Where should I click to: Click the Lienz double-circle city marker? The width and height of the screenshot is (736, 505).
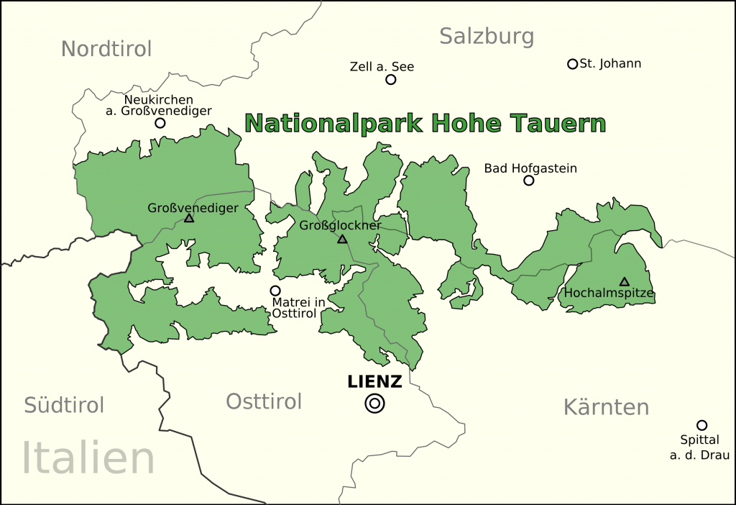[x=374, y=404]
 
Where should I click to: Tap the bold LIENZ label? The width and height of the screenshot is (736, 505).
[x=374, y=382]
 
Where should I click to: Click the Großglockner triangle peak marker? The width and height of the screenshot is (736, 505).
[x=342, y=239]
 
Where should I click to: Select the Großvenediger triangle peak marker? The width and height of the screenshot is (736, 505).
[x=189, y=218]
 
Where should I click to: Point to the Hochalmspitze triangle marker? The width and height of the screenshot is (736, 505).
[x=624, y=282]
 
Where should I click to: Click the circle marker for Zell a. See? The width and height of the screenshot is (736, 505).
[x=391, y=80]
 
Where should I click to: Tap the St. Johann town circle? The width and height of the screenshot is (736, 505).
[x=573, y=64]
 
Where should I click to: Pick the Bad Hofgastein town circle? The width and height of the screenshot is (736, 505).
[x=529, y=181]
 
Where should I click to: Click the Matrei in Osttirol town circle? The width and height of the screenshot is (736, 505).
[x=275, y=291]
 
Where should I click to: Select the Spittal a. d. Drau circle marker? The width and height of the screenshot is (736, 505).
[x=701, y=425]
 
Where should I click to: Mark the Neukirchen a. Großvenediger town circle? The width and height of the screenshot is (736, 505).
[x=160, y=123]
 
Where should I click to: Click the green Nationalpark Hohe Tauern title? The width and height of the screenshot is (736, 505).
[x=425, y=123]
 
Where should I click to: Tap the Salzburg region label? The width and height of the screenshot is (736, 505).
[x=487, y=36]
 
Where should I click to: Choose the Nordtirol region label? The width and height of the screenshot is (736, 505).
[x=106, y=49]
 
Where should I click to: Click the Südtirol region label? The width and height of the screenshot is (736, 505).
[x=64, y=405]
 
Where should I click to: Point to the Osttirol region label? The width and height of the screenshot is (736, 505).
[x=264, y=401]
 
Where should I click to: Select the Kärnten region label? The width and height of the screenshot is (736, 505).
[x=606, y=407]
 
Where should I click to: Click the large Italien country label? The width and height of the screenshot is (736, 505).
[x=88, y=458]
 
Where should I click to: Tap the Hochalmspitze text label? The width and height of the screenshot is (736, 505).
[x=609, y=294]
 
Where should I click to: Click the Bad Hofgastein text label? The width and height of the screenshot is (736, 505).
[x=530, y=168]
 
